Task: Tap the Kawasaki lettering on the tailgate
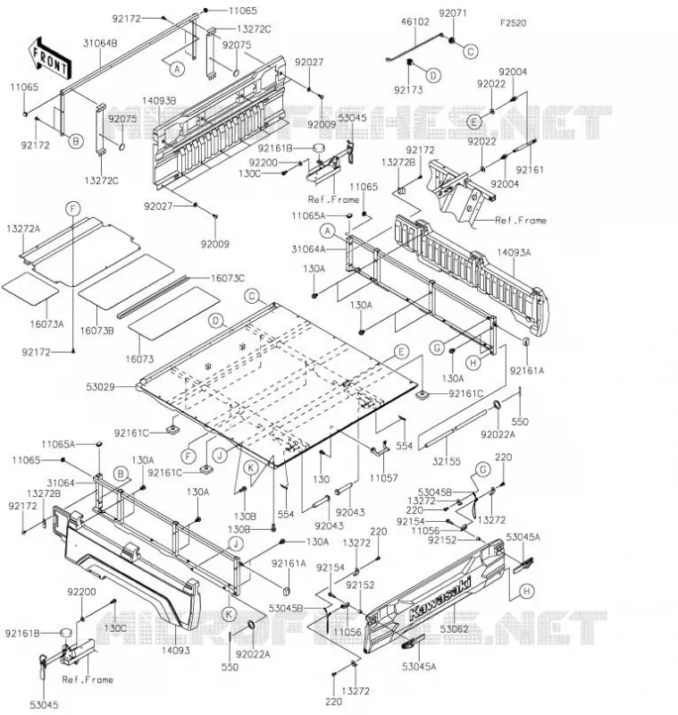440,596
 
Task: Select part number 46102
415,21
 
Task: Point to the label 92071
453,13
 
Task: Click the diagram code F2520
513,23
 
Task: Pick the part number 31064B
100,43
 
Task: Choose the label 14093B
159,101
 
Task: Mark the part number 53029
100,387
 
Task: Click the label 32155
447,461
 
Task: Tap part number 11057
383,477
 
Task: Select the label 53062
455,629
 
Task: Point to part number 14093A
514,252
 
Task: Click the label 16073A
47,324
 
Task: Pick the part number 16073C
228,278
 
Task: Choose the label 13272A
23,229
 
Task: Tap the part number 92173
408,90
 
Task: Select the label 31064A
308,249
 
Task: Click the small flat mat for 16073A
30,289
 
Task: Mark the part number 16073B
97,331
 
